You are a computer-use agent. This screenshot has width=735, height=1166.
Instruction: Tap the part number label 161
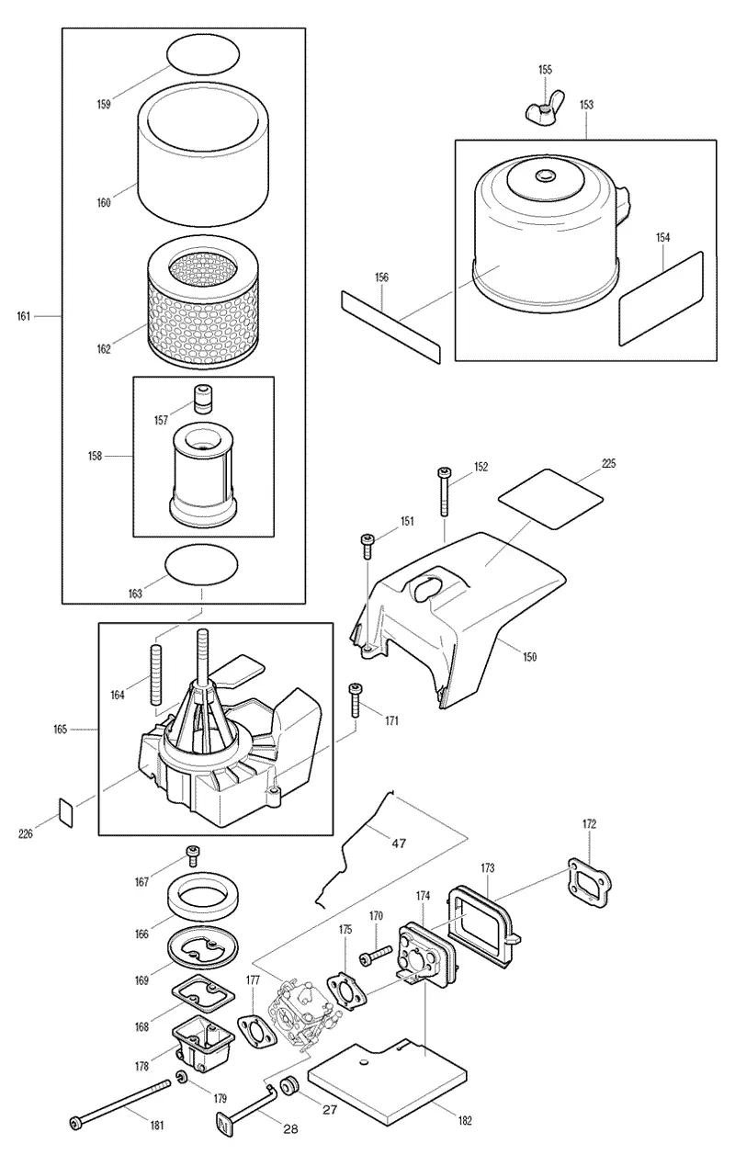[23, 316]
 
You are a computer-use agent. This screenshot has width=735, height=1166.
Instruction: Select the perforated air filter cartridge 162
[200, 303]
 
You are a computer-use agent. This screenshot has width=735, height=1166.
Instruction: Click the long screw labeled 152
[444, 492]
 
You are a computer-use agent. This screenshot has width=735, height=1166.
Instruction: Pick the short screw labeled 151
[368, 545]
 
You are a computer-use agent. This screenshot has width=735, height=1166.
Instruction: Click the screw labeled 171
[356, 699]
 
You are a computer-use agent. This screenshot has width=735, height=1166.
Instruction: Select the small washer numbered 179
[182, 1076]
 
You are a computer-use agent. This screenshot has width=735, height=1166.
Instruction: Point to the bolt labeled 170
[375, 954]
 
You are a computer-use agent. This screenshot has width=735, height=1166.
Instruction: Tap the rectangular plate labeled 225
[550, 499]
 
